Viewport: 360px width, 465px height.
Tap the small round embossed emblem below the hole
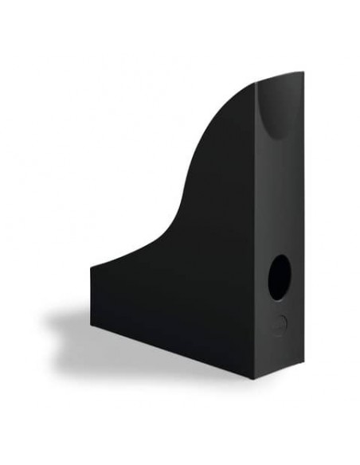tap(278, 323)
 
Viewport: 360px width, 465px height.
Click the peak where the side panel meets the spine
tap(256, 83)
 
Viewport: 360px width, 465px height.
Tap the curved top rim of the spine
tap(280, 76)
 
